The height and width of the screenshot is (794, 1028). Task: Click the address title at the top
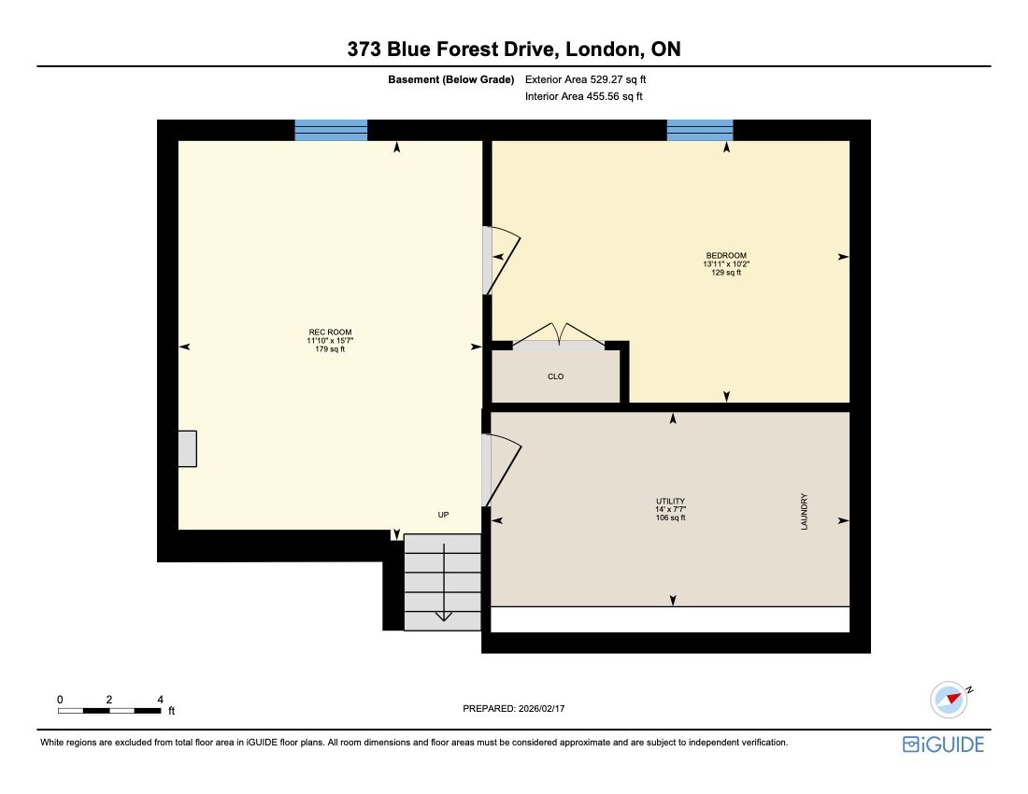pyautogui.click(x=513, y=50)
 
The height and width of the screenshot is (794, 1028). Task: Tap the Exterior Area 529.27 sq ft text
pyautogui.click(x=584, y=79)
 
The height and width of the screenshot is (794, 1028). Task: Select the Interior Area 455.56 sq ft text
pyautogui.click(x=584, y=95)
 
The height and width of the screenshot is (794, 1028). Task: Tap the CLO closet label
pyautogui.click(x=555, y=376)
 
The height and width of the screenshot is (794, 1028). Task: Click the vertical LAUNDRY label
pyautogui.click(x=804, y=513)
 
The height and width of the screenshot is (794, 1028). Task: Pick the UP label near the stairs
pyautogui.click(x=444, y=515)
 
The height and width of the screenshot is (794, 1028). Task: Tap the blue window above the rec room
pyautogui.click(x=331, y=130)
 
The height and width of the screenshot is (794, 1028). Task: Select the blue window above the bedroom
pyautogui.click(x=699, y=130)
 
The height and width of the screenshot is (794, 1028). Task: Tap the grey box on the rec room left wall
pyautogui.click(x=187, y=448)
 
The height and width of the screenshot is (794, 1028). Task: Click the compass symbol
pyautogui.click(x=949, y=699)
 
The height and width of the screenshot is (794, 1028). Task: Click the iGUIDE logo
pyautogui.click(x=943, y=744)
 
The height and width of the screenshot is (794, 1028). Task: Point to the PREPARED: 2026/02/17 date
pyautogui.click(x=514, y=709)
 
